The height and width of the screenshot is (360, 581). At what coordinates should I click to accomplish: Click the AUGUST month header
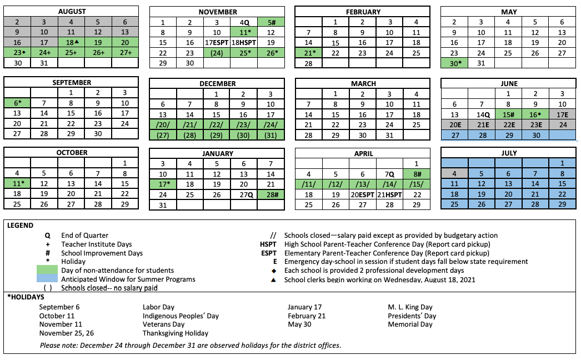click(71, 11)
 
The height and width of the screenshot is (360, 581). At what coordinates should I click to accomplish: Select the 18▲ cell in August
click(71, 42)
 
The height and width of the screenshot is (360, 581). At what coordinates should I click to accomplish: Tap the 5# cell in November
click(271, 22)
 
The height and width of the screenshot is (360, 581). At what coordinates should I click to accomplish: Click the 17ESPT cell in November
click(217, 42)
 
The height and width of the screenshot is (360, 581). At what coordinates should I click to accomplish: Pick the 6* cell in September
click(17, 103)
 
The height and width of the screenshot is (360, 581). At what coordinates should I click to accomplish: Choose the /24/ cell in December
click(271, 124)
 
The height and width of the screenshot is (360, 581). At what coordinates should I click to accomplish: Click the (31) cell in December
click(271, 134)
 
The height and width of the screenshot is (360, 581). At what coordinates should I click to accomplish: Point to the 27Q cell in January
click(244, 194)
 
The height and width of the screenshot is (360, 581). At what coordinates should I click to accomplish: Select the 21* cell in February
click(309, 52)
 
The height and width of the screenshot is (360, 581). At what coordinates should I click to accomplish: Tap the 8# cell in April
click(416, 173)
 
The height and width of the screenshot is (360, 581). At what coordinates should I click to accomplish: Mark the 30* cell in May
click(454, 63)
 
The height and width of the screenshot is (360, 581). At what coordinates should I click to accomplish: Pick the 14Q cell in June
click(482, 114)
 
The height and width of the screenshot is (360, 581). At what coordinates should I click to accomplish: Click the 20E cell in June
click(454, 124)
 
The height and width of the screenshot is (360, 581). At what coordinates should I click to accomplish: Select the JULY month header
click(509, 153)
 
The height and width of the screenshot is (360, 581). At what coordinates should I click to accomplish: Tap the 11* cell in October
click(17, 183)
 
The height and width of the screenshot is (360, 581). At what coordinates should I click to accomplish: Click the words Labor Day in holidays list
click(159, 307)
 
